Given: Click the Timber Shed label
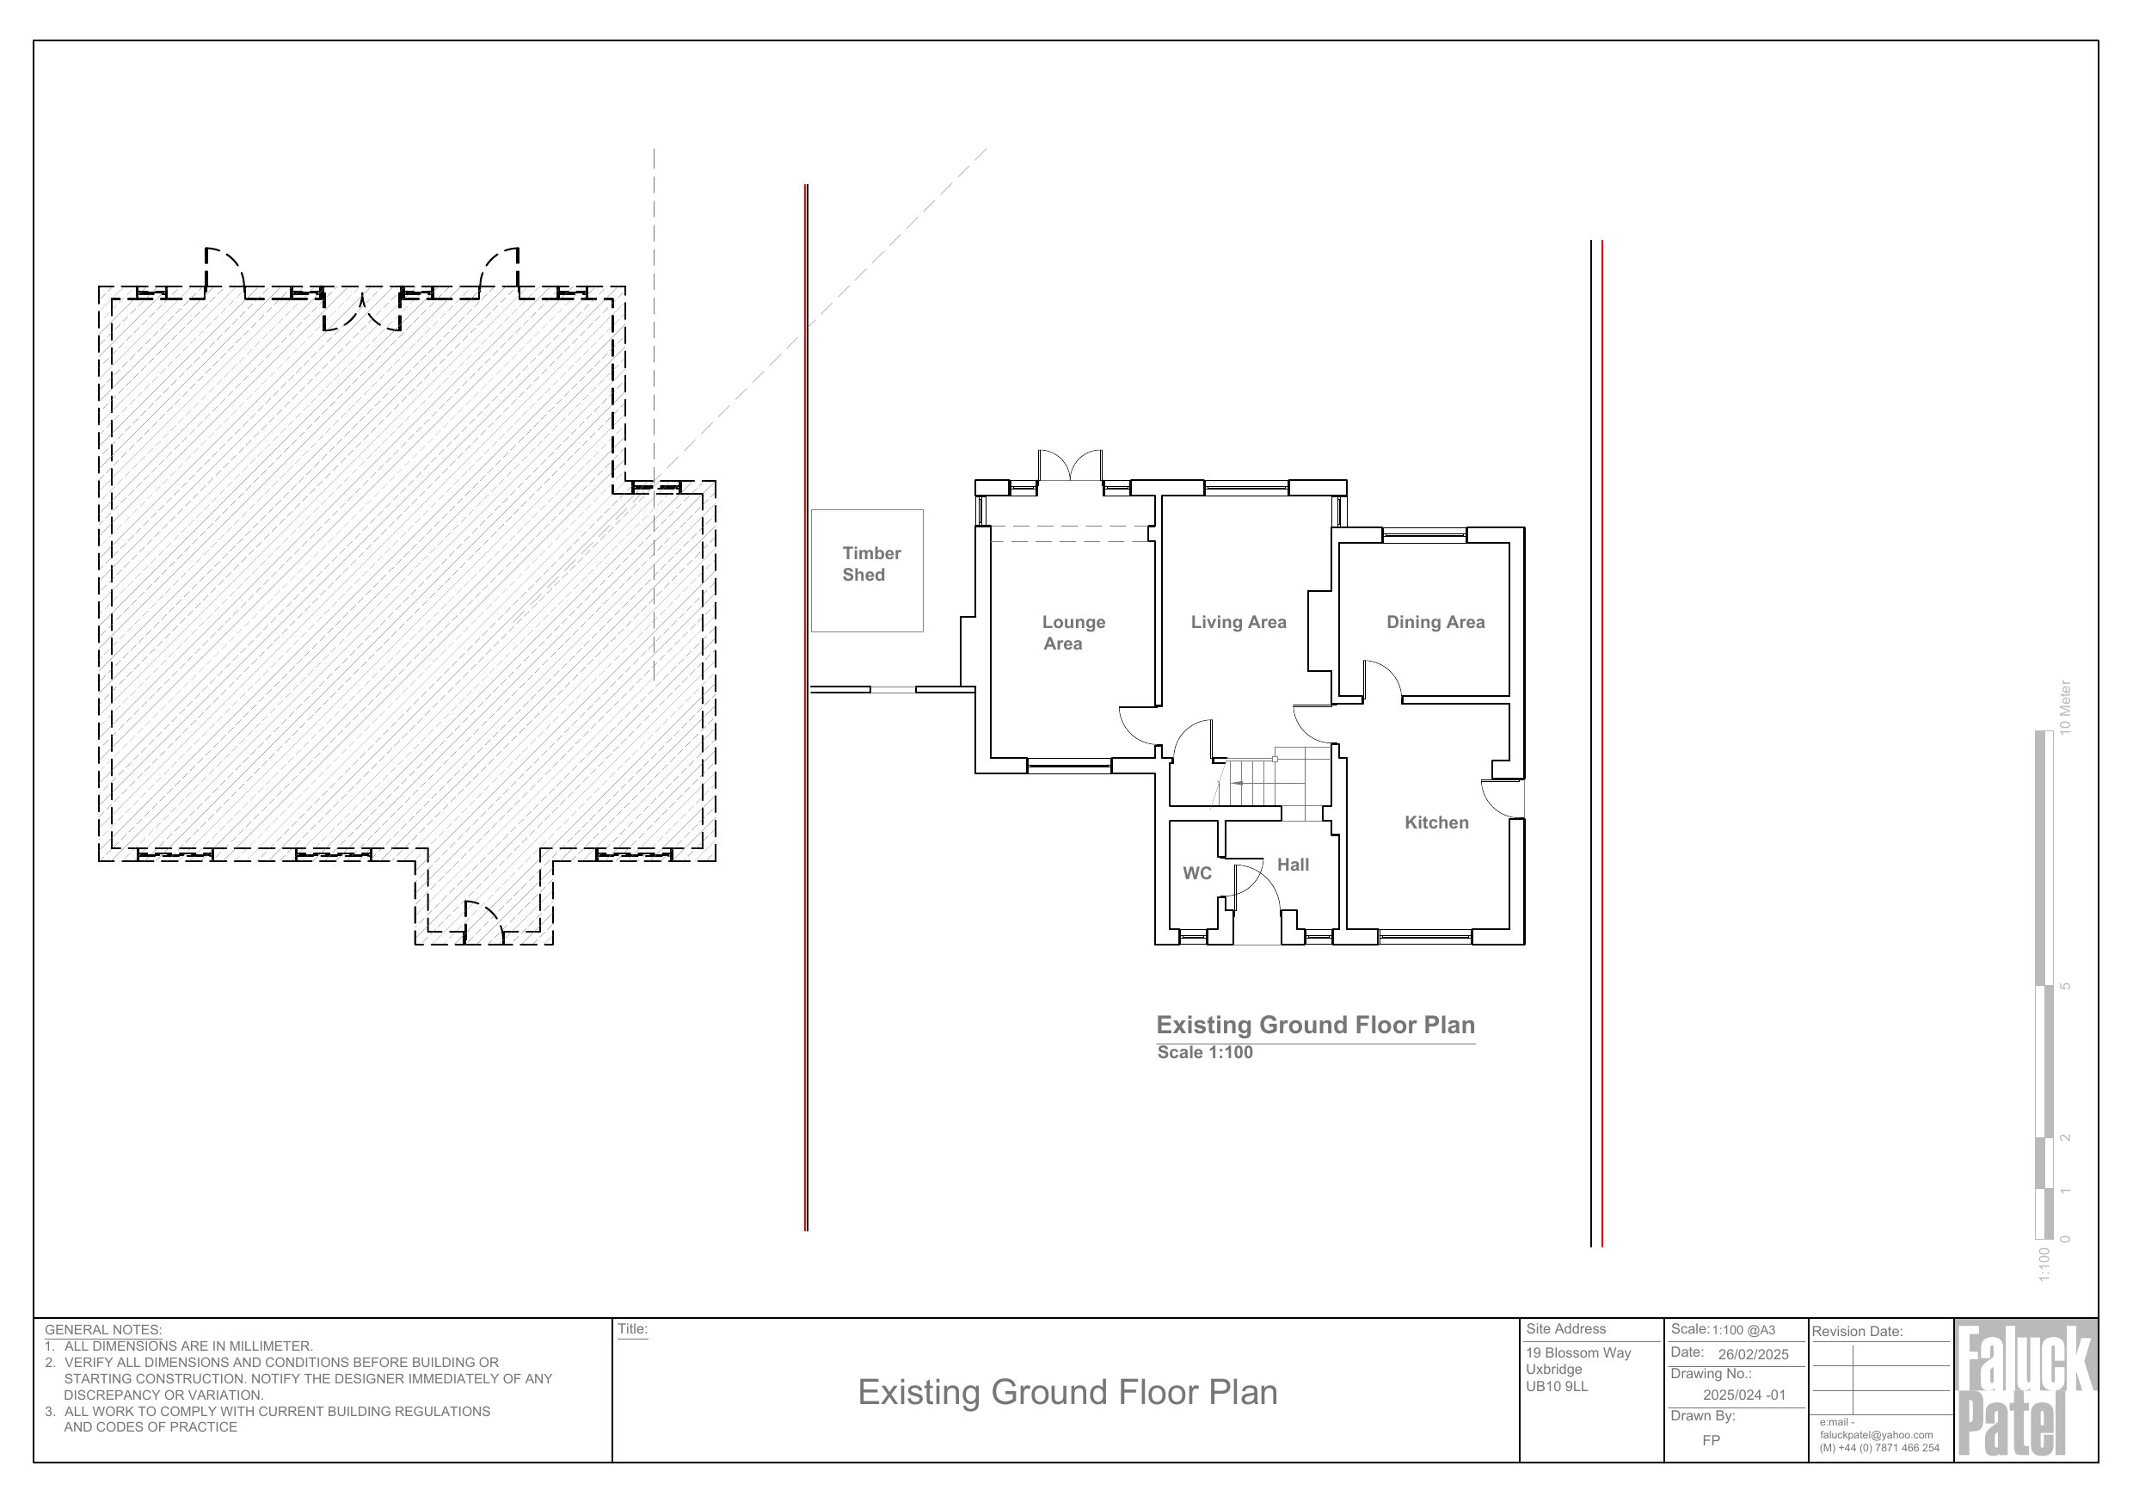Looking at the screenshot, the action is click(870, 564).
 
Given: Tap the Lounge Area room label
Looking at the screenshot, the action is click(1073, 633).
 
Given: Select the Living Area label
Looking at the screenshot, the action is click(1239, 623).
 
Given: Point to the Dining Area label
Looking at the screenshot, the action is click(1435, 623).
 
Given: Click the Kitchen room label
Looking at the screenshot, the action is click(1436, 822).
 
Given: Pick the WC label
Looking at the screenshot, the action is click(1196, 873).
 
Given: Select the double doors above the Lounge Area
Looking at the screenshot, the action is click(1070, 465).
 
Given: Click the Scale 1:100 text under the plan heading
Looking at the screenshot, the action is click(1205, 1053).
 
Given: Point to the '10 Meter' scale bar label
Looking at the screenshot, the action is click(2064, 707).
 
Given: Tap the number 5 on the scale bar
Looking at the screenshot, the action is click(2065, 986).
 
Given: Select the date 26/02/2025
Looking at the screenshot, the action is click(1753, 1355).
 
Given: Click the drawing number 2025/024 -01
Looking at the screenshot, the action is click(1743, 1395).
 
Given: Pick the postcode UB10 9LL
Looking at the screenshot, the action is click(1557, 1386).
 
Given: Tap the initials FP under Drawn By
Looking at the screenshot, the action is click(1712, 1441).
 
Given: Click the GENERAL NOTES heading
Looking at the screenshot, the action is click(103, 1331).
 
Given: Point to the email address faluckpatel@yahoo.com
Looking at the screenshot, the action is click(1877, 1436).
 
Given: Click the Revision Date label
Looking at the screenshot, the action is click(1857, 1332).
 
